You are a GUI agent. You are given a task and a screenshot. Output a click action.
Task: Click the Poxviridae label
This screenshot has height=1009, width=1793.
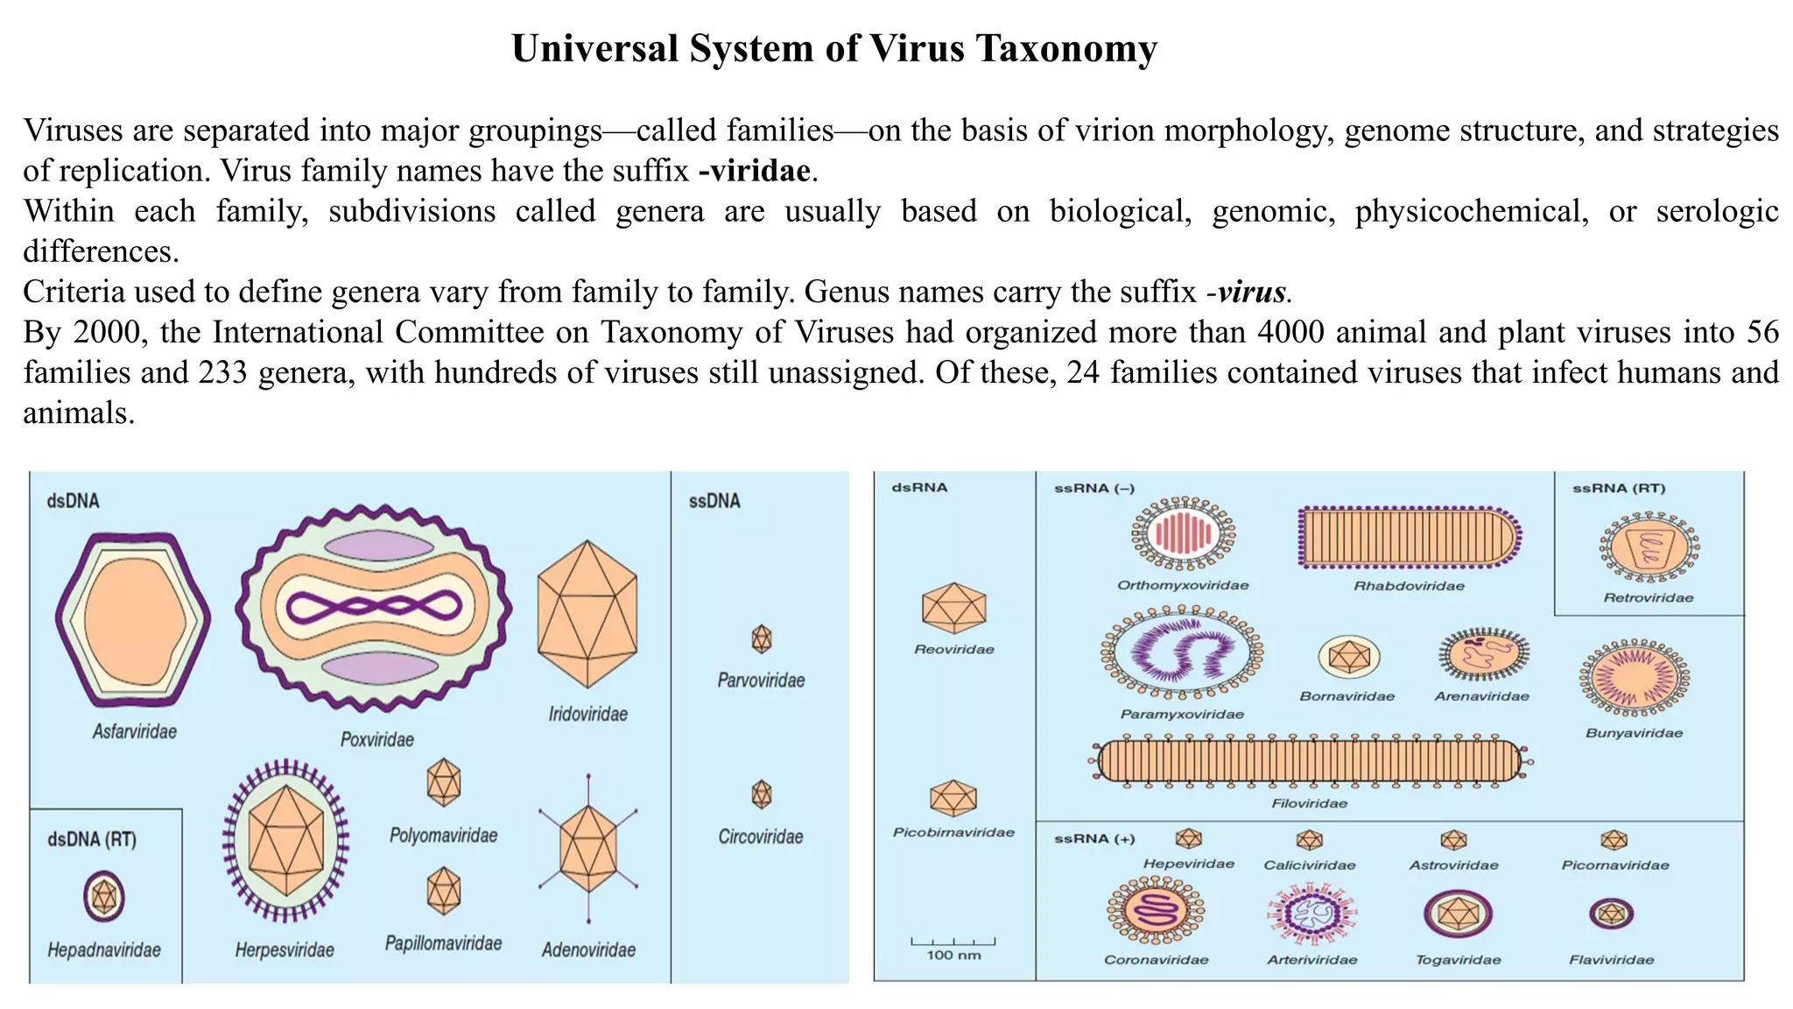coord(376,740)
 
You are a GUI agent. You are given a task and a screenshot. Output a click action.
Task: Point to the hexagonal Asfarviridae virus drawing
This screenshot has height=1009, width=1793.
coord(133,618)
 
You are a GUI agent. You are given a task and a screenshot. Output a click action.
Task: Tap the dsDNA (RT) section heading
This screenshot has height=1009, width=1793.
coord(92,840)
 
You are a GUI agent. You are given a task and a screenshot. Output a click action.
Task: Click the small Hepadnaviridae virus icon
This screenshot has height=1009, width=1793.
coord(104,896)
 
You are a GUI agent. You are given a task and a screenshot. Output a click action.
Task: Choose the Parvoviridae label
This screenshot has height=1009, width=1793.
coord(761,681)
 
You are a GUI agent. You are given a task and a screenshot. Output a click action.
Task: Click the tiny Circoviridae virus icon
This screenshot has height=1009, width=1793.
coord(762,794)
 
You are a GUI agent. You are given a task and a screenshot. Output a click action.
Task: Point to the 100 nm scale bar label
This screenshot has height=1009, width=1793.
coord(953,956)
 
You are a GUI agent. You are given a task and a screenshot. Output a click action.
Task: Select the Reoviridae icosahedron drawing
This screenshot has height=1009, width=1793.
coord(953,607)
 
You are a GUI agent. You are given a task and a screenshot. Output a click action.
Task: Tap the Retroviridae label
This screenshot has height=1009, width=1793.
coord(1648,598)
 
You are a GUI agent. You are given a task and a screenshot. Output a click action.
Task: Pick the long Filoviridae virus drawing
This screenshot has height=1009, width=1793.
coord(1310,760)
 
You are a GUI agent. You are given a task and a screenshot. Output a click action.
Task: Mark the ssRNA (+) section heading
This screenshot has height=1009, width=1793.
coord(1093,839)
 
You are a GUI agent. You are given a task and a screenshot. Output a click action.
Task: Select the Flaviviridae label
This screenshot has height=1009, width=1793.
coord(1611,961)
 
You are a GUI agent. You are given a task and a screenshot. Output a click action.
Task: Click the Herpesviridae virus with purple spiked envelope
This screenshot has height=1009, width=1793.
coord(285,841)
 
